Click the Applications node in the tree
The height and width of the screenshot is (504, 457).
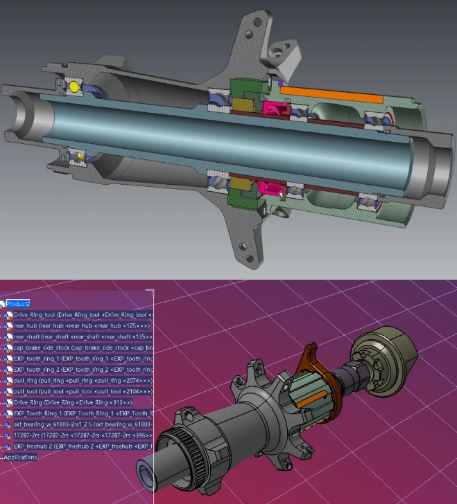tap(21, 457)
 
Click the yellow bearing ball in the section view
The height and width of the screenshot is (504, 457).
tap(73, 87)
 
